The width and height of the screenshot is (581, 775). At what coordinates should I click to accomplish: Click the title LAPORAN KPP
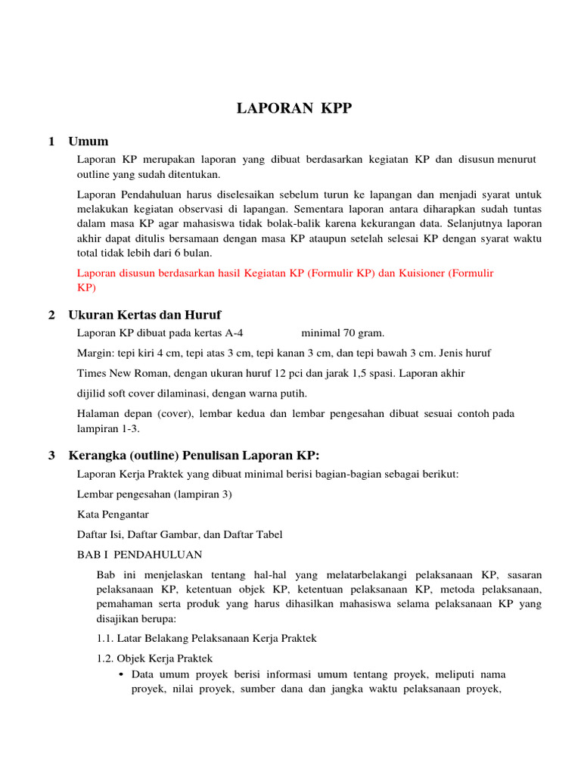(294, 109)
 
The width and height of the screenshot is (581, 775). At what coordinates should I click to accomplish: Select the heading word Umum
(89, 142)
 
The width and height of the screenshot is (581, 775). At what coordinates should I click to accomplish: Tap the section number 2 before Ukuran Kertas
(51, 315)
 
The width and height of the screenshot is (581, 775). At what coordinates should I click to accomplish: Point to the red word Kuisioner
(415, 273)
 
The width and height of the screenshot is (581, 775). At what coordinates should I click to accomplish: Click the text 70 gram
(364, 332)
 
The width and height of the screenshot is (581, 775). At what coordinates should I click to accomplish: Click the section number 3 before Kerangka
(51, 455)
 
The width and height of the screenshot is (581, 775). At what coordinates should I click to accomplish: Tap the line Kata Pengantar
(113, 515)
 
